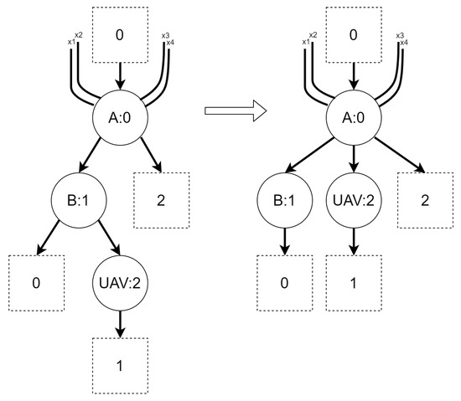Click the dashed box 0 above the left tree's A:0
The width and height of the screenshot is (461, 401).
click(x=119, y=35)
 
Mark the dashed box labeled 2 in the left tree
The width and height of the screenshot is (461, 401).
click(x=162, y=201)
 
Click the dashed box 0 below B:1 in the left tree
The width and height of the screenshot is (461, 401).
click(x=36, y=282)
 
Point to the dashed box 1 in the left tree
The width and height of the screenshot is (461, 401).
click(x=120, y=365)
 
